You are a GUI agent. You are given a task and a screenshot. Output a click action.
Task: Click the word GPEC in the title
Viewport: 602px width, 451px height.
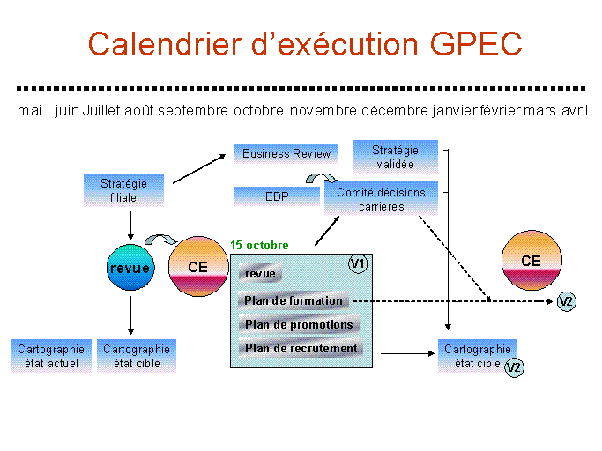[x=476, y=44]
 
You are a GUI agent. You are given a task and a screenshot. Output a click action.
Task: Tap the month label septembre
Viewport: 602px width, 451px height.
[x=193, y=111]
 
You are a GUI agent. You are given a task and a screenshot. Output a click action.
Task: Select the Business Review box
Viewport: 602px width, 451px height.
[x=286, y=153]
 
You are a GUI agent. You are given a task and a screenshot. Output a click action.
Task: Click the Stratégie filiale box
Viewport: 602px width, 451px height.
[x=123, y=190]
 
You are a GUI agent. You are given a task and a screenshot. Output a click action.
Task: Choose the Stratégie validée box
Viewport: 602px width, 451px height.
[x=395, y=157]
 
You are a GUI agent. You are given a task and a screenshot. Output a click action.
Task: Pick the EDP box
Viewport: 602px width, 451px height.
[x=277, y=196]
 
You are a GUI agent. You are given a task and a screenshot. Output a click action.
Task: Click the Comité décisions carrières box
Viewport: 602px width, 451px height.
[x=382, y=199]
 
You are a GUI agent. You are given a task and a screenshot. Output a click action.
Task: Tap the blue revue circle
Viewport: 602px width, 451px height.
[x=130, y=268]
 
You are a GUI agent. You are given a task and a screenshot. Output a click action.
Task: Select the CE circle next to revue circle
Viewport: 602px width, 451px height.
[x=198, y=267]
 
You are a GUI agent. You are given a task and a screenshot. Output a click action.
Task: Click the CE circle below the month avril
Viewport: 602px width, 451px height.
[x=531, y=260]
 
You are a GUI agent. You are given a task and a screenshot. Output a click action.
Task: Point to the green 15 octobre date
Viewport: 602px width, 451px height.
[x=259, y=245]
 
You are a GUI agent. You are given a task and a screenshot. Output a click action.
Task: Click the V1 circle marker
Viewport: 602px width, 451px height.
[x=358, y=264]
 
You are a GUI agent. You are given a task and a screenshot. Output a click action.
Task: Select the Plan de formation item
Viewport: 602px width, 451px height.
[x=294, y=301]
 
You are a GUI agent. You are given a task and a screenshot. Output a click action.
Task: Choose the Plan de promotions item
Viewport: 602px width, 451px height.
[x=299, y=325]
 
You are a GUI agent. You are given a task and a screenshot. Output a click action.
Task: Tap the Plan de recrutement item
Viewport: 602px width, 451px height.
[x=301, y=348]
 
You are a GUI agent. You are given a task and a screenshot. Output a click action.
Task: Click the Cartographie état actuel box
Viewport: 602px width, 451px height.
[x=51, y=356]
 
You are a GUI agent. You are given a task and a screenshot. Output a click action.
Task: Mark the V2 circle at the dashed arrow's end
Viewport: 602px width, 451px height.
[x=567, y=301]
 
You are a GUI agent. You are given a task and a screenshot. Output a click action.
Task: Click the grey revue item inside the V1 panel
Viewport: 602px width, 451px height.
[x=260, y=274]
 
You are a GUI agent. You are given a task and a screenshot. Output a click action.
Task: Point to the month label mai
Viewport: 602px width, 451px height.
[x=30, y=111]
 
